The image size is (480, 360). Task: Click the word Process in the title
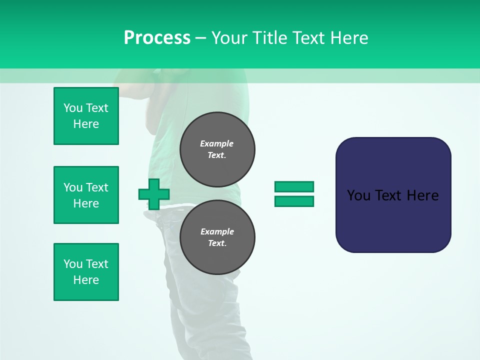(157, 38)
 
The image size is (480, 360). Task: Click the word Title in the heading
(268, 38)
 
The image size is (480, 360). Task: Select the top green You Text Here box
(86, 116)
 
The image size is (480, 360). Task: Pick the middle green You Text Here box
(86, 195)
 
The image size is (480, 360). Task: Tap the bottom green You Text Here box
(86, 272)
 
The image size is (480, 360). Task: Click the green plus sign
(154, 194)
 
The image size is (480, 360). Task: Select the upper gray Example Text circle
(217, 149)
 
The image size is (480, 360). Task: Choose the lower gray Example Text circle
(217, 237)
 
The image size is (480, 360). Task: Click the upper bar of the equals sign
(294, 187)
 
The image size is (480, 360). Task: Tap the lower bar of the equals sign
(294, 201)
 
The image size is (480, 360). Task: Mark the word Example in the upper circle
(217, 143)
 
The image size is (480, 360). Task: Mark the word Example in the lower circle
(217, 231)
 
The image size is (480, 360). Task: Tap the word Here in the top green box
(86, 124)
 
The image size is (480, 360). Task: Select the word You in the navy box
(358, 195)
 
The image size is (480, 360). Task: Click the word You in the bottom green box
(73, 264)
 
